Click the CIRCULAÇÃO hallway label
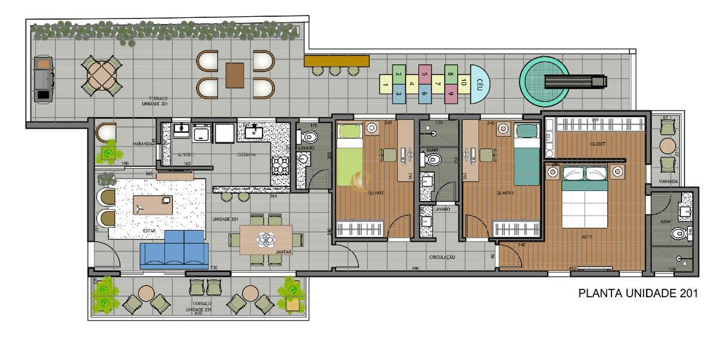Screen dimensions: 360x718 tap(442, 257)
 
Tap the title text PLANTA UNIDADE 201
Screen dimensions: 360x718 tap(638, 294)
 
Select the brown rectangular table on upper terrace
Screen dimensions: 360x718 tap(235, 75)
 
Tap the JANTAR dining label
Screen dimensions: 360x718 tap(284, 252)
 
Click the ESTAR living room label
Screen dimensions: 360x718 tap(150, 230)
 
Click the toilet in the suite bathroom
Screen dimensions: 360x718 tap(679, 233)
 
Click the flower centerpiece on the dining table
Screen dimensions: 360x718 tap(266, 239)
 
